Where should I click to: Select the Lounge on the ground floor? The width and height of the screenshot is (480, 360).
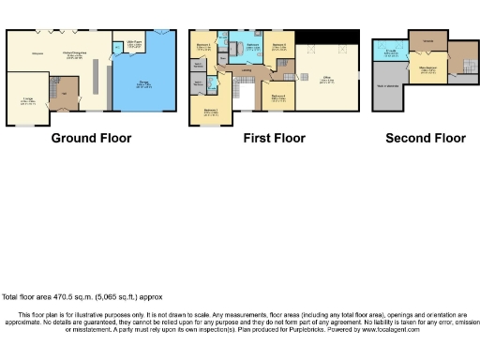(x=28, y=101)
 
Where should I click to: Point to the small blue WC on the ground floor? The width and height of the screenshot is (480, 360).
(x=114, y=56)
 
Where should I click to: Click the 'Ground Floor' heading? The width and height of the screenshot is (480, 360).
(x=91, y=139)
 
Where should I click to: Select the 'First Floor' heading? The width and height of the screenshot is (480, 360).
(x=274, y=139)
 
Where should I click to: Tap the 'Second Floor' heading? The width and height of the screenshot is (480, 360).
(x=425, y=139)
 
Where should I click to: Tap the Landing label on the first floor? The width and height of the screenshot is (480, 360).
(x=246, y=70)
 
